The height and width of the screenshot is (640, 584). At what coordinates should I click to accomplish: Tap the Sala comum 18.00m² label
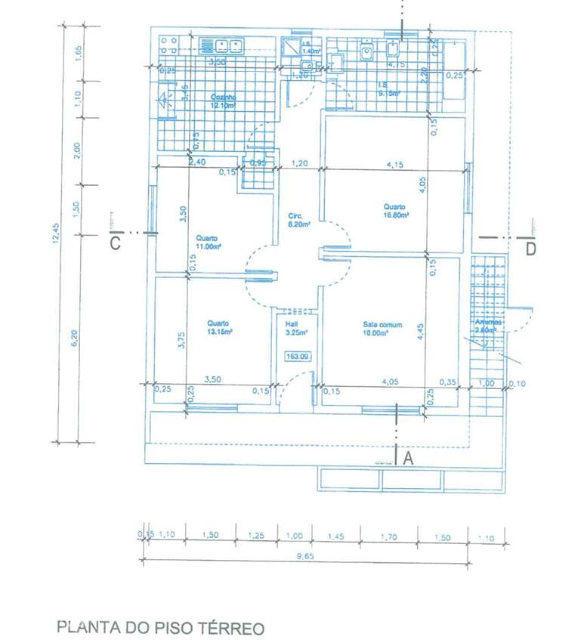click(x=382, y=329)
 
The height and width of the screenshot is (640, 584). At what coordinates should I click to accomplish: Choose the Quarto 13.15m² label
click(x=219, y=327)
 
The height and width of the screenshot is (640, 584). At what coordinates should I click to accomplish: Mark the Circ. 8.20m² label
click(x=295, y=220)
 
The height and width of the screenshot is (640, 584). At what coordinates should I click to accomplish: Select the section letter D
click(x=530, y=248)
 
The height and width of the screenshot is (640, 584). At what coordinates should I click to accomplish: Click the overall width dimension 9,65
click(x=305, y=554)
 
